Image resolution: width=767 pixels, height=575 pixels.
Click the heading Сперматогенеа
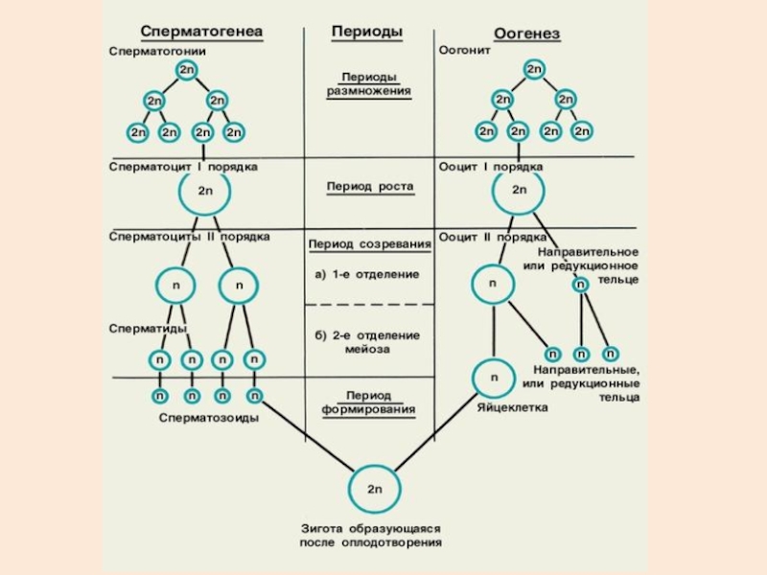[201, 32]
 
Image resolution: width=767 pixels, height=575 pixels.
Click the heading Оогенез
[526, 34]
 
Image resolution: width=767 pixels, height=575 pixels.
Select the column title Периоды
[367, 32]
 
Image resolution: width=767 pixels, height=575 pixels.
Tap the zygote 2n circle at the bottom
[375, 489]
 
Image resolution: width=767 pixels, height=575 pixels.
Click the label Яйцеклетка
[512, 408]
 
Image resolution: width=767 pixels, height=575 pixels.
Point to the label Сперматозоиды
[209, 418]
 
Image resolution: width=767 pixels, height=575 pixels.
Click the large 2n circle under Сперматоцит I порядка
[205, 191]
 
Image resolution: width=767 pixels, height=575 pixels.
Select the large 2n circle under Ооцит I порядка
[519, 191]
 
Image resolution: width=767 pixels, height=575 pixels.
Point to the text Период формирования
[368, 402]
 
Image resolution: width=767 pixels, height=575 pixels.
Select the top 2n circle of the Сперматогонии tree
[186, 70]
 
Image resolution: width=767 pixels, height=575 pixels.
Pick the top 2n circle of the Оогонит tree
[534, 70]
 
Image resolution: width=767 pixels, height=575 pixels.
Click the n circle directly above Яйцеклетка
[494, 378]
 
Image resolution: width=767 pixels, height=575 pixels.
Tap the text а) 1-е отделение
[367, 274]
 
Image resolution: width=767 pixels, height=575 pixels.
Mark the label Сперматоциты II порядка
[190, 236]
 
